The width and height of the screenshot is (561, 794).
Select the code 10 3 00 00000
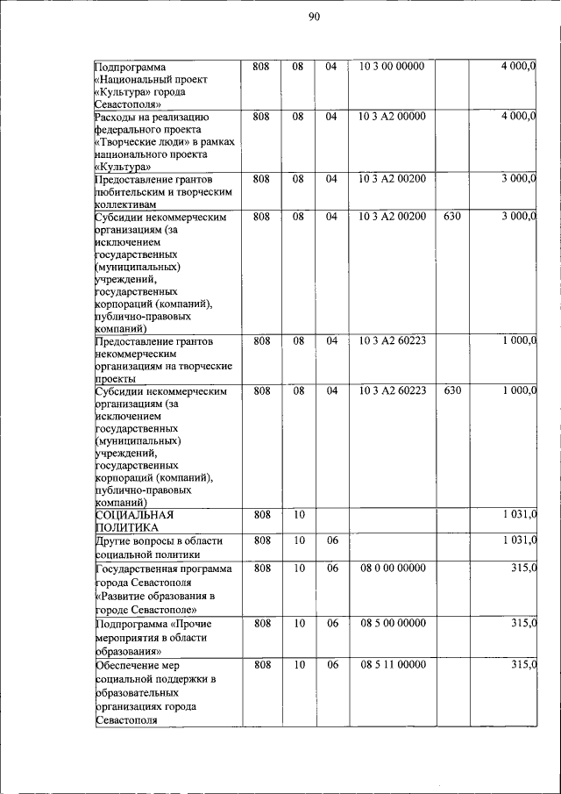pos(392,67)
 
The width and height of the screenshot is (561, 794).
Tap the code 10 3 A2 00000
pos(392,116)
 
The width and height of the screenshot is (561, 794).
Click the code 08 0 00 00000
pos(392,569)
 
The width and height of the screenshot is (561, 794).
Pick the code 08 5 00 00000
pos(392,623)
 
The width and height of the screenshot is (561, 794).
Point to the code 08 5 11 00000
pos(392,665)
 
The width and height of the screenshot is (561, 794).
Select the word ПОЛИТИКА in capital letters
pos(126,528)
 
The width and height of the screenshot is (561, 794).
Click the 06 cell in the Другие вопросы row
pos(331,541)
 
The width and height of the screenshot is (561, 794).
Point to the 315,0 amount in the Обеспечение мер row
pos(523,665)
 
